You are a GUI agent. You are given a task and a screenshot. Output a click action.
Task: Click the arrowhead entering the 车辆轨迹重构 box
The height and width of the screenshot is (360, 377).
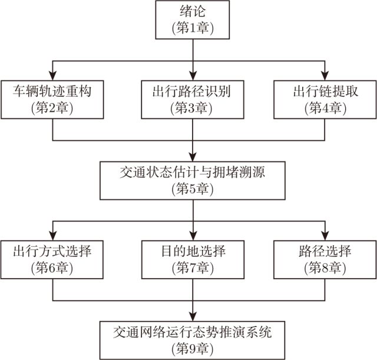pos(54,75)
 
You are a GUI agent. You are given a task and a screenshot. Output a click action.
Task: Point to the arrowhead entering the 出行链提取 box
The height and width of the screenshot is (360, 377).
pos(325,75)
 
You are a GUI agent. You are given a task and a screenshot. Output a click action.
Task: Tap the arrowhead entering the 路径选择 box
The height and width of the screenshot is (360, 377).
pos(325,235)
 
